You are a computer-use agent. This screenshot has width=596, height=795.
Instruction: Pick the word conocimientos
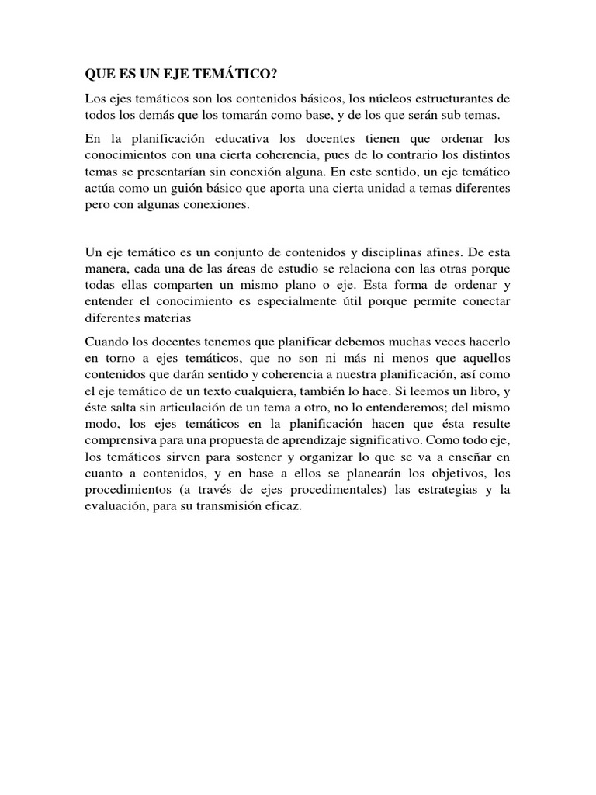122,155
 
